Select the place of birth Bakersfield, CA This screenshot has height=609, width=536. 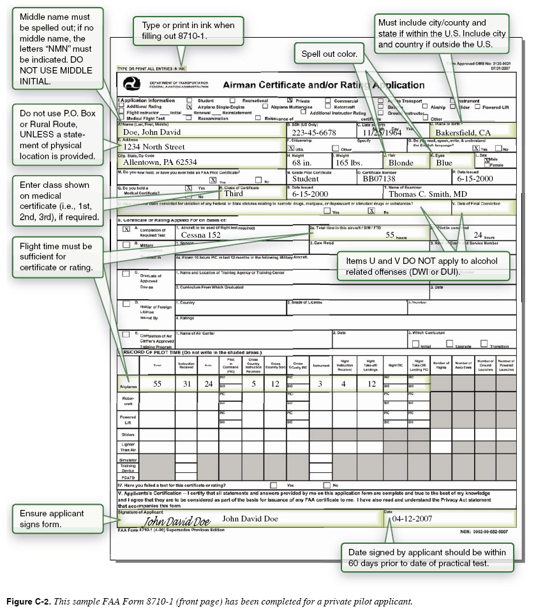click(x=463, y=132)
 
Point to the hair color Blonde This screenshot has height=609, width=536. click(x=401, y=162)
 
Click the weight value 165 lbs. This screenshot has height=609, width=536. click(x=349, y=162)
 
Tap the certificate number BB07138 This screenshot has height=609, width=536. click(x=378, y=180)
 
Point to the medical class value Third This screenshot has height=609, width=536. click(x=234, y=194)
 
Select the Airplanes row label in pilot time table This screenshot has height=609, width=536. click(x=128, y=386)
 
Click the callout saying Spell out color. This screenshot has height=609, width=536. click(x=329, y=54)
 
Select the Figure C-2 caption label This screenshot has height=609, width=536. click(x=31, y=601)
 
